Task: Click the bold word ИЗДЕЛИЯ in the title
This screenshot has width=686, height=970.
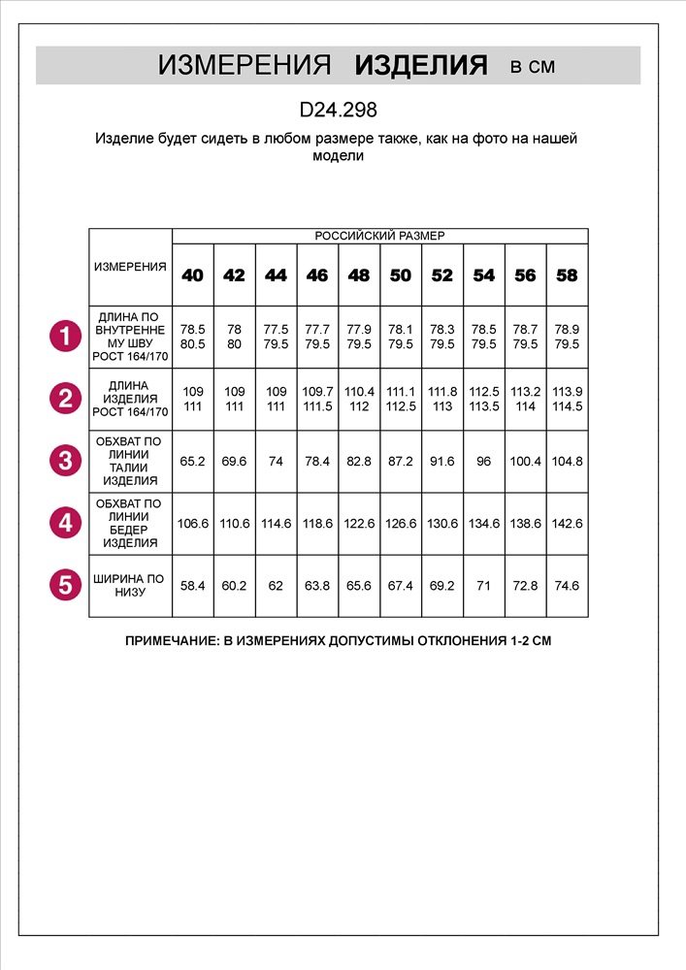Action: coord(421,66)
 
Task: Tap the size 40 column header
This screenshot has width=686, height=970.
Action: coord(193,275)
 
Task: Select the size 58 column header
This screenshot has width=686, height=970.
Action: coord(567,275)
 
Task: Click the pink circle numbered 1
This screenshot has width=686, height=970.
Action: coord(65,337)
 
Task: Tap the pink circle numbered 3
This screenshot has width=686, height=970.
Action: coord(65,460)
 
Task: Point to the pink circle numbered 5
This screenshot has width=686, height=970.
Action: coord(65,585)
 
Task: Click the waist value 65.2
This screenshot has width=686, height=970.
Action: coord(193,461)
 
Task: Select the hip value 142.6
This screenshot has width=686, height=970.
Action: coord(567,523)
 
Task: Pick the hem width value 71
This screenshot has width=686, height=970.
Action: coord(483,586)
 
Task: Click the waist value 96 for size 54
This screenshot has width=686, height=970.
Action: coord(483,461)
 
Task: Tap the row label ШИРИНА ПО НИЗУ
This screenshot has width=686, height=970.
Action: coord(130,585)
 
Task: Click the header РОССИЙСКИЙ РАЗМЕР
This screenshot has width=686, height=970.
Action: coord(379,236)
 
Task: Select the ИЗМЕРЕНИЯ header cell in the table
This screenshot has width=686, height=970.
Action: coord(130,267)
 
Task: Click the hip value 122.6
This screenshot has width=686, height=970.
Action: coord(359,523)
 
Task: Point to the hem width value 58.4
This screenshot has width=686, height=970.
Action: coord(193,586)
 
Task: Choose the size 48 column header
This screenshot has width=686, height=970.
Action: coord(359,275)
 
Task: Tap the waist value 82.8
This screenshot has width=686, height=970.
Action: coord(359,461)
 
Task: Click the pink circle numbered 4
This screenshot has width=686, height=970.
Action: coord(65,523)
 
